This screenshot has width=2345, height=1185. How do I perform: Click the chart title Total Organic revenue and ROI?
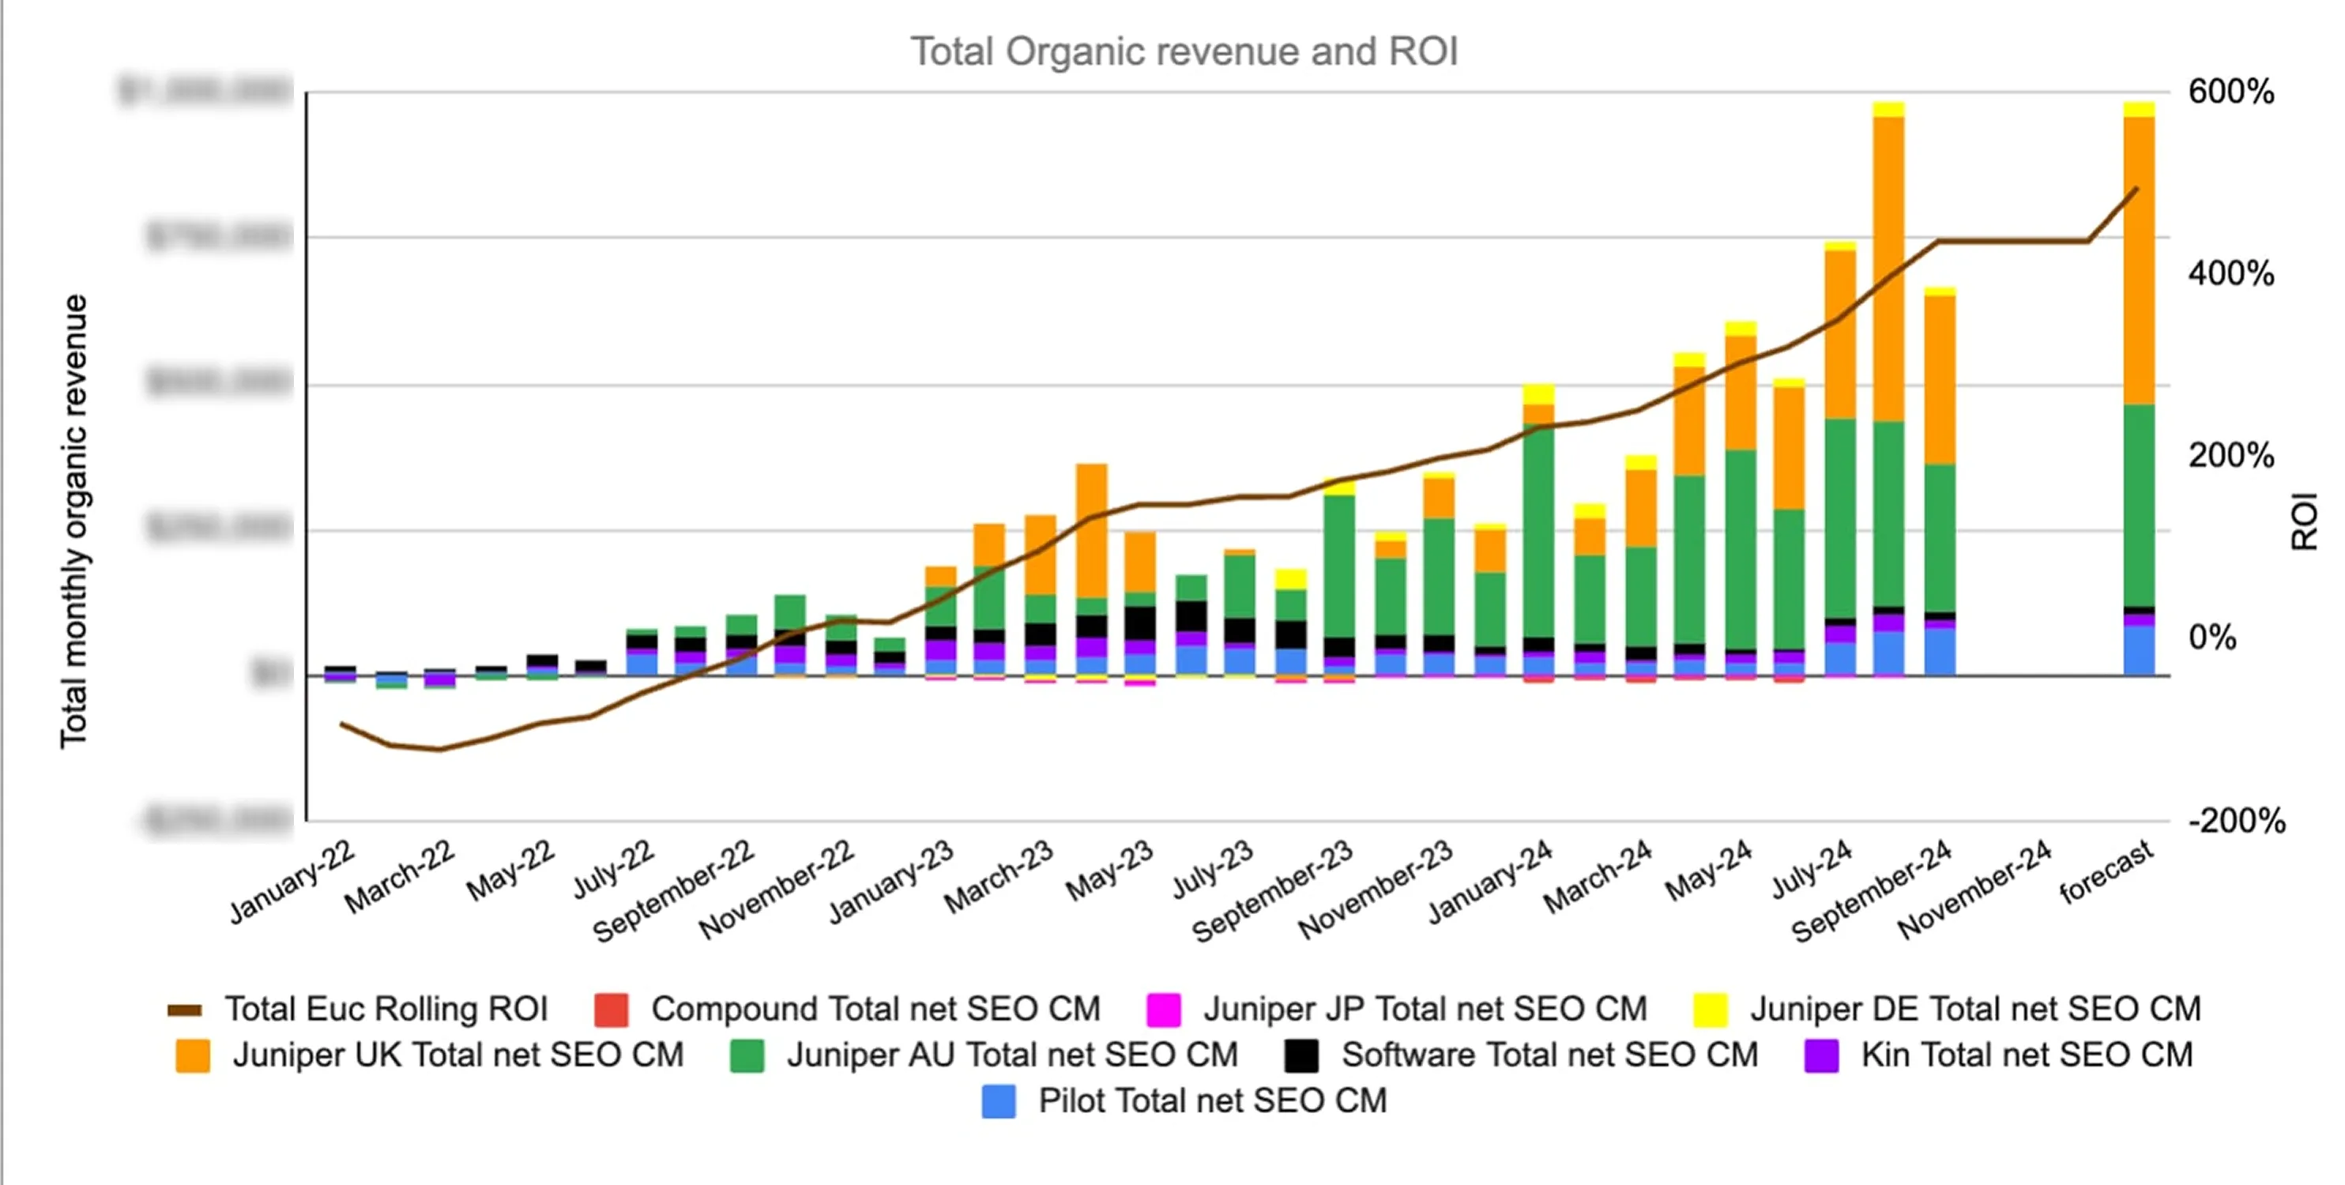(1184, 52)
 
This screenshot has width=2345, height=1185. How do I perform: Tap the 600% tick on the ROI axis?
(2230, 92)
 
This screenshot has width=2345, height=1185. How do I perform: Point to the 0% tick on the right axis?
(2211, 638)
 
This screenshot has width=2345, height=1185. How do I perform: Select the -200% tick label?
(2236, 821)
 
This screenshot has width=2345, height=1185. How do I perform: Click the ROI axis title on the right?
(2303, 521)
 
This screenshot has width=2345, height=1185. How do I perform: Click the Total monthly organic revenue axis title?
(73, 521)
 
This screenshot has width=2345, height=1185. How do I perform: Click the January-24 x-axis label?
(1490, 881)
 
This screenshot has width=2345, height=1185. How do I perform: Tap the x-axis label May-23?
(1109, 871)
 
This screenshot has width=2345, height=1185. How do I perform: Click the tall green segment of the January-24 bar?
(1538, 532)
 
